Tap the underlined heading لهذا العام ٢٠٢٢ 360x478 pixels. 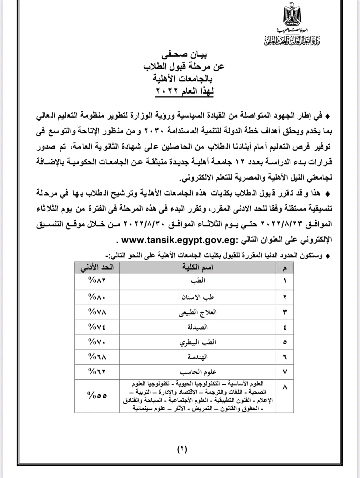184,91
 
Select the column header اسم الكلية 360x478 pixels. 198,267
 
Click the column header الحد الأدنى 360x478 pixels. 97,267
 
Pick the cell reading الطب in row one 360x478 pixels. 198,281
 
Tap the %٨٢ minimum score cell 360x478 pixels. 97,281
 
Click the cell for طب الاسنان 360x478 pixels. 198,297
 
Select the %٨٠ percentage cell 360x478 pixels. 97,296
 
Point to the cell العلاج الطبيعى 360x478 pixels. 198,312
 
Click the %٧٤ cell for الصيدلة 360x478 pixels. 97,327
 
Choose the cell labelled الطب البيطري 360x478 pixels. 198,342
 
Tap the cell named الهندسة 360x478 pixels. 198,357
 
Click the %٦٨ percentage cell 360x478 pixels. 97,357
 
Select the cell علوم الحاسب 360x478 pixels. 198,372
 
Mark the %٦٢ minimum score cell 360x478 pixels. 97,371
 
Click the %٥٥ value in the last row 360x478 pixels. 97,396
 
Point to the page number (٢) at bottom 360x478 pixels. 182,449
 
